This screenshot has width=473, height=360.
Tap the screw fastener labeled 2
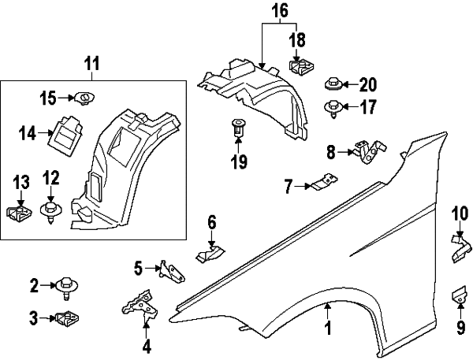[66, 287]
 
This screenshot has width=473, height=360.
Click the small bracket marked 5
[173, 271]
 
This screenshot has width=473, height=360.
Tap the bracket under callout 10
[460, 249]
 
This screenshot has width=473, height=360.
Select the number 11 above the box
[92, 62]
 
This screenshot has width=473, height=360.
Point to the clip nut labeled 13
[18, 213]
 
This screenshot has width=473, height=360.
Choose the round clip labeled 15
[83, 98]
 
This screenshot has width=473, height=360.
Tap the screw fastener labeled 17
[333, 107]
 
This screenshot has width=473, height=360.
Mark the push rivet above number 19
[237, 127]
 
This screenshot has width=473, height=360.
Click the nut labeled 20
[333, 84]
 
